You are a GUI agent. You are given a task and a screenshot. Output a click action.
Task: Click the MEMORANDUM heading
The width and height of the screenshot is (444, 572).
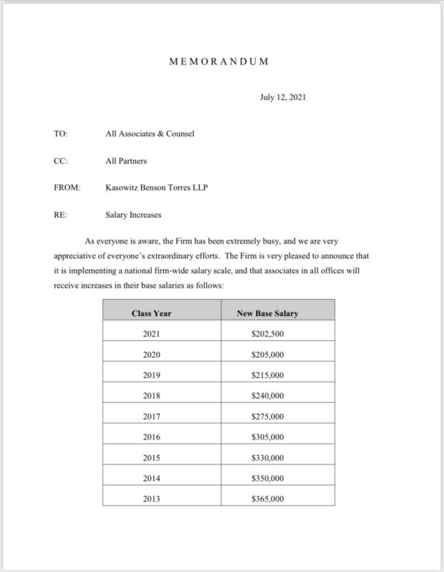[x=219, y=62]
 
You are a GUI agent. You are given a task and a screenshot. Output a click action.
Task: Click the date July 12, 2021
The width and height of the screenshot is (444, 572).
[x=283, y=97]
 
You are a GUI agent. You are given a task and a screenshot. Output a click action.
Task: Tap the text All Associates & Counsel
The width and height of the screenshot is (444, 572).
[x=150, y=134]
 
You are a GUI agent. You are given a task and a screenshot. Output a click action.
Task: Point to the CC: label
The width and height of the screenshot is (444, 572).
[x=60, y=161]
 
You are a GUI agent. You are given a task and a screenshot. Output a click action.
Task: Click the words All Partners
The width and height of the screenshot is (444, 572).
[x=126, y=161]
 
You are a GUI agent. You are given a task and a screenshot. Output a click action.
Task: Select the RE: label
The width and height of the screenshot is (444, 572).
[x=60, y=214]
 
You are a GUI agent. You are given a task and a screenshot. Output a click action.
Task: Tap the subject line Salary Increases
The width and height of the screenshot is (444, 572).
[x=134, y=214]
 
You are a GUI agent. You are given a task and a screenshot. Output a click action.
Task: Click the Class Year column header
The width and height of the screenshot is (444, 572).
[x=151, y=314]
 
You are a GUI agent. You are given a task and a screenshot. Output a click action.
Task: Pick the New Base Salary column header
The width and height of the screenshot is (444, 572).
[x=267, y=314]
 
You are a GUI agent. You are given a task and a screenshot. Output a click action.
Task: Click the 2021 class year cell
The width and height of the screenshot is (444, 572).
[x=152, y=334]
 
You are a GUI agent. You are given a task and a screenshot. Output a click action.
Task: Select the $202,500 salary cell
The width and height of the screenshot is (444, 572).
[x=268, y=334]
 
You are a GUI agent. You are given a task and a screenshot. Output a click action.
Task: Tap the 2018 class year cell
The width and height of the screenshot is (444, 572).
[x=152, y=396]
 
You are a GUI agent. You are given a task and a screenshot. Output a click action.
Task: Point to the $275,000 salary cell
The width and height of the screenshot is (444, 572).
[x=268, y=417]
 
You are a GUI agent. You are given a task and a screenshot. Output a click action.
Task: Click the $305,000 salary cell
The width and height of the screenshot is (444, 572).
[x=268, y=437]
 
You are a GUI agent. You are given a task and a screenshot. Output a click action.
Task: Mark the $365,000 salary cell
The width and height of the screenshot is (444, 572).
[x=268, y=499]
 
